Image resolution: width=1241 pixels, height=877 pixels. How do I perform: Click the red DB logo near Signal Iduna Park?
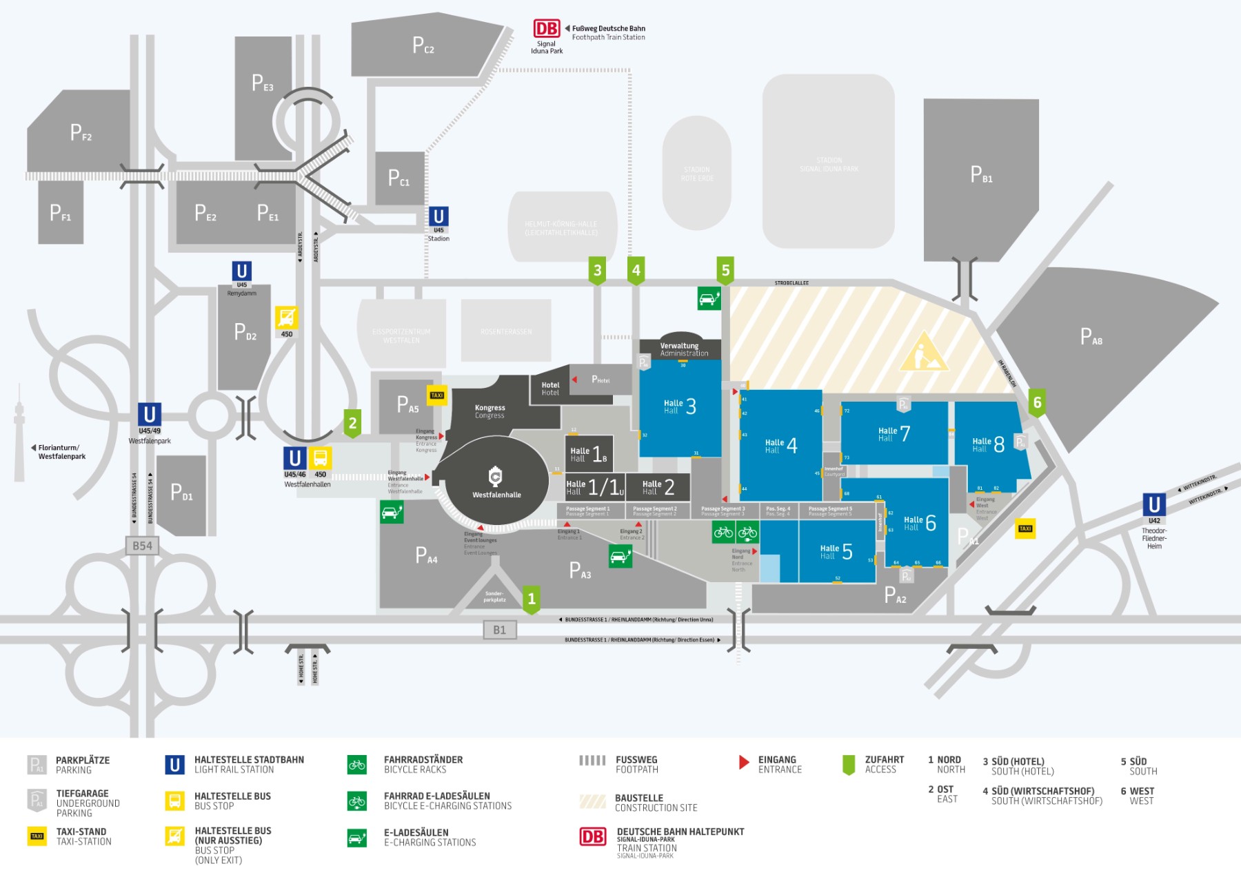pos(547,29)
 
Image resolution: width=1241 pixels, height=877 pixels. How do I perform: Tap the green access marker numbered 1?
pos(531,599)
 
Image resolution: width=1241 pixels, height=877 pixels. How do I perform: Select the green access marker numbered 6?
pos(1037,402)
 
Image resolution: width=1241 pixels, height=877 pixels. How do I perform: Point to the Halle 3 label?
pos(680,406)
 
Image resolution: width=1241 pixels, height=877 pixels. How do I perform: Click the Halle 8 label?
pos(988,444)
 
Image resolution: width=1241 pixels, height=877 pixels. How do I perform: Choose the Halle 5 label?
pos(836,552)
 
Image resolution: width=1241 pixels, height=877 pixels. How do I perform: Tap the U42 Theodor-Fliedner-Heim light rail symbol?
pos(1154,504)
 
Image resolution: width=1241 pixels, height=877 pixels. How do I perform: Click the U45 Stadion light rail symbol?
pos(438,216)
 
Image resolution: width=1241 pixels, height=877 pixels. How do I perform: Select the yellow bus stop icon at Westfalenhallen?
pos(321,458)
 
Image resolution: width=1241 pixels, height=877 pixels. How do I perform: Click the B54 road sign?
pos(142,546)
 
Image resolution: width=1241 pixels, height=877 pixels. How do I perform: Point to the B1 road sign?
pos(499,630)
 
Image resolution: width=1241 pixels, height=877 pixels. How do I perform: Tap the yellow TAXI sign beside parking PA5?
pos(437,395)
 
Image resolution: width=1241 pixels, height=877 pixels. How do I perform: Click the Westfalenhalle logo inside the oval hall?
pos(495,476)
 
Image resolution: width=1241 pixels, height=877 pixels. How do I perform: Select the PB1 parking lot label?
pos(981,174)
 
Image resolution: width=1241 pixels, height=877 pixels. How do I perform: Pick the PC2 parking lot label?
pos(423,45)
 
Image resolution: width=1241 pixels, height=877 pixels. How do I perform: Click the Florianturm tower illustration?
pos(19,434)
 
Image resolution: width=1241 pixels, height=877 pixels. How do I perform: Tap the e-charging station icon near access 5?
pos(709,299)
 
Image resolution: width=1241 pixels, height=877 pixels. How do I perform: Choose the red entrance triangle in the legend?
pos(744,762)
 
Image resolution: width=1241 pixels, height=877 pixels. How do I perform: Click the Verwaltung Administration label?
pos(680,349)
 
